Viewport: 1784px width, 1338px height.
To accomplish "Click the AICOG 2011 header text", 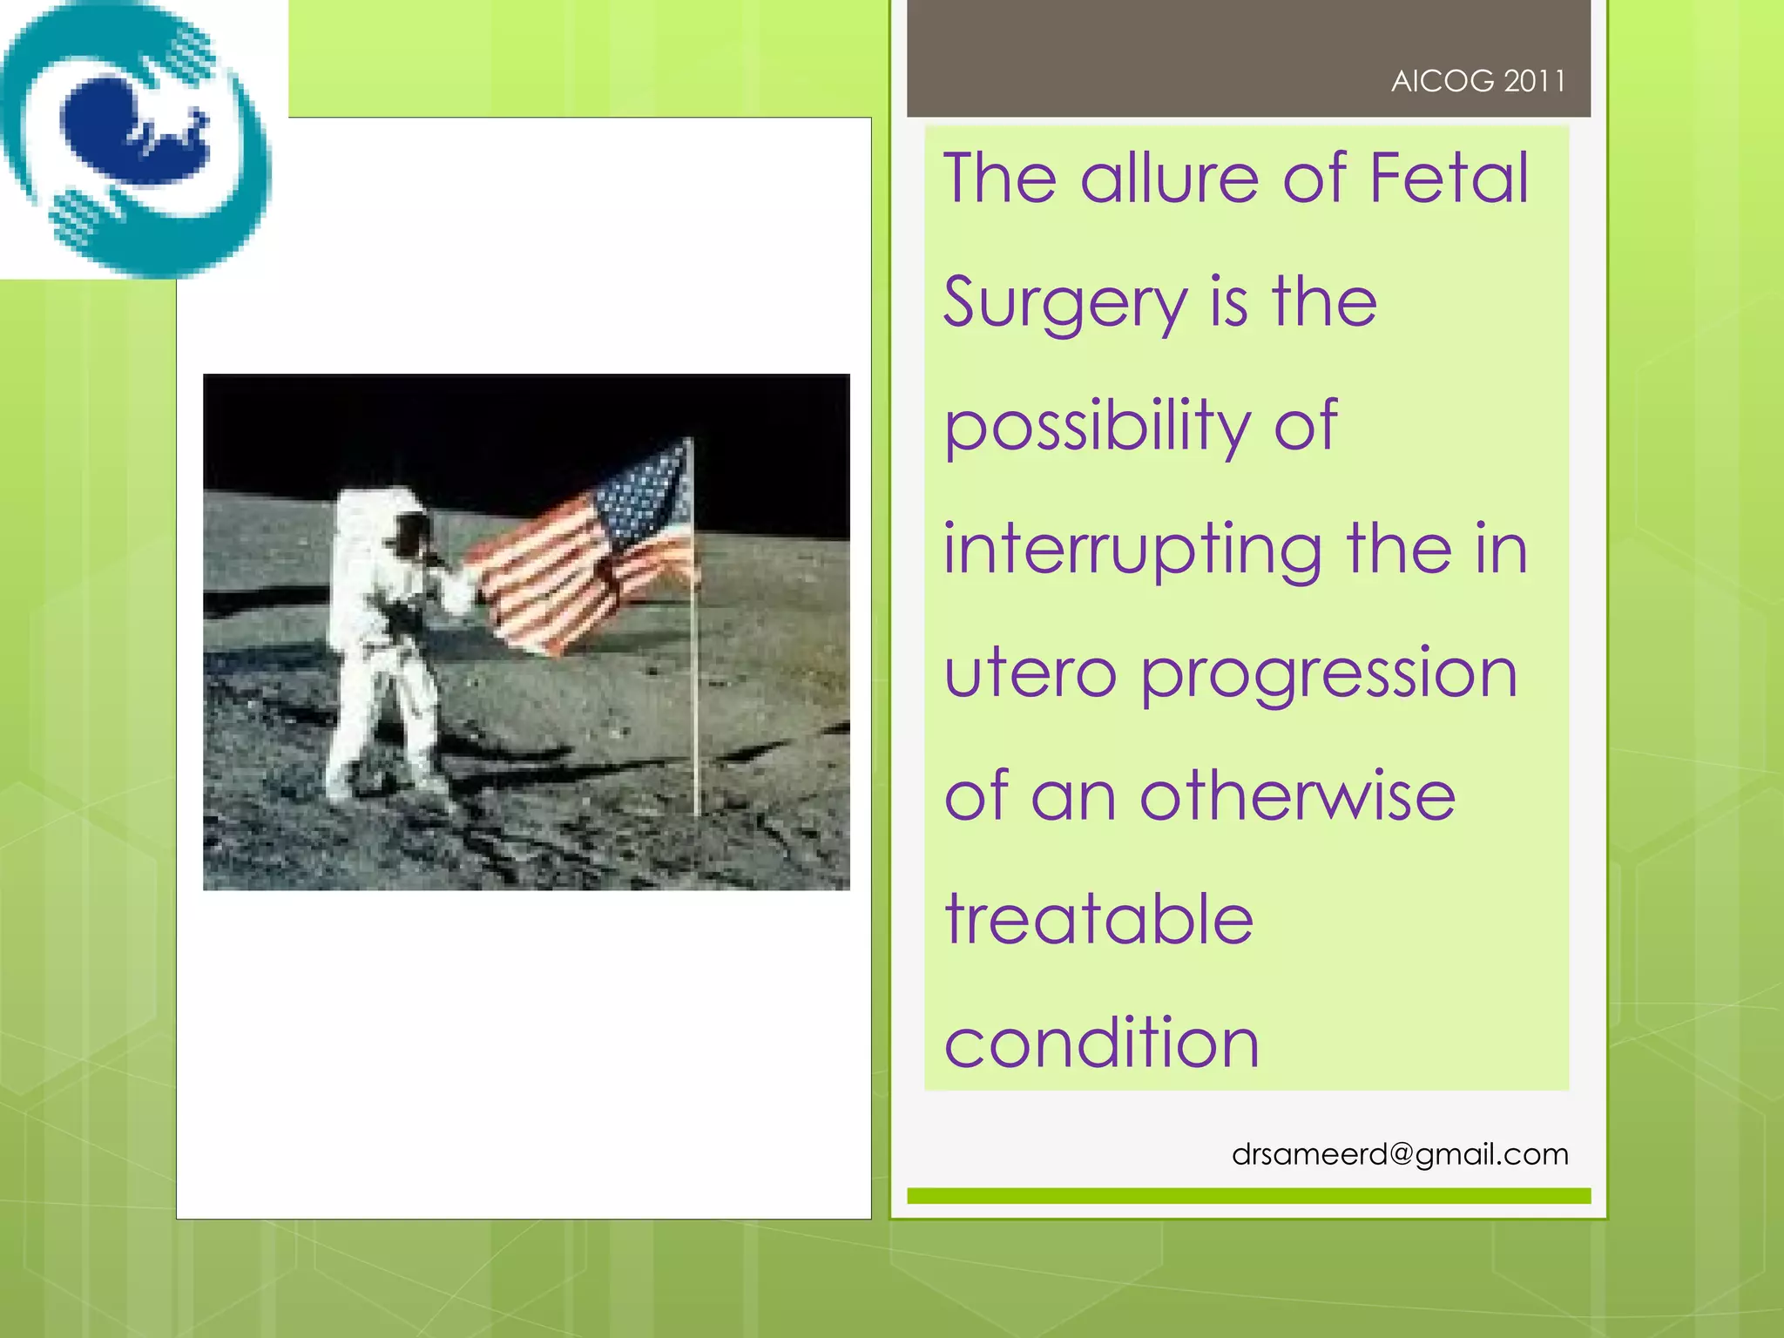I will click(x=1477, y=81).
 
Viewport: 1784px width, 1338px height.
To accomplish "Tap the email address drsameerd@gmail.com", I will click(x=1400, y=1154).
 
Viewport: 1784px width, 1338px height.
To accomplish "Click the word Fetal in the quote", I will click(x=1449, y=178).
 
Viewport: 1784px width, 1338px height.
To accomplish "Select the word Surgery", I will click(x=1065, y=303).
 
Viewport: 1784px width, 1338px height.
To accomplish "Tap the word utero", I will click(x=1030, y=674).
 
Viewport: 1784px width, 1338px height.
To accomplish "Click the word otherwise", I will click(x=1297, y=797).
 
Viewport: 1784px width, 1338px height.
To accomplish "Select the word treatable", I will click(x=1099, y=921).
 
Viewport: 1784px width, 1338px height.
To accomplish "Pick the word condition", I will click(x=1102, y=1044).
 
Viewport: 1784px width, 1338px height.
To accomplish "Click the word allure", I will click(x=1172, y=178).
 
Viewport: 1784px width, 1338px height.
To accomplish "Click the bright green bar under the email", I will click(x=1248, y=1196).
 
